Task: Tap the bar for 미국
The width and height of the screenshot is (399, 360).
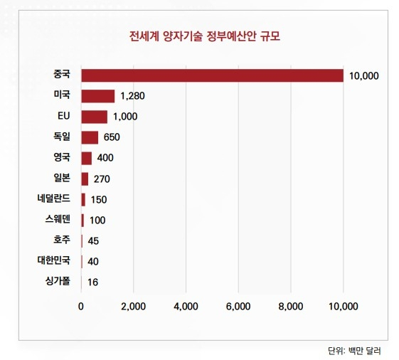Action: coord(98,96)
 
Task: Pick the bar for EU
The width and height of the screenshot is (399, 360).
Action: coord(95,117)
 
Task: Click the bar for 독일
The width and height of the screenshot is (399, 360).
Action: coord(90,137)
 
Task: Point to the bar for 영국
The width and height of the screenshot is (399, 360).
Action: coord(87,158)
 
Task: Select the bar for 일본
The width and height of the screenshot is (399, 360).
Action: coord(85,179)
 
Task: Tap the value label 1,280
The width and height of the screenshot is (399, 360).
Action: coord(133,96)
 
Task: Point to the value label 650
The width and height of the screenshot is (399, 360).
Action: coord(112,137)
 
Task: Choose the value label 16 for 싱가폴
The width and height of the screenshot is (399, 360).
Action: coord(92,282)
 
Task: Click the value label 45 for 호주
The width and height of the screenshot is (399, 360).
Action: coord(93,240)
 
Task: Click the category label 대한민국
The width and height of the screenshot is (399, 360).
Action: coord(55,260)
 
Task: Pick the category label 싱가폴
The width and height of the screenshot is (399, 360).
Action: coord(58,281)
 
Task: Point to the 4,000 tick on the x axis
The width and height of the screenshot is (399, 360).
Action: coord(186,307)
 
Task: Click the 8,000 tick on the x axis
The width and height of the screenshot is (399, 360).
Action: coord(291,307)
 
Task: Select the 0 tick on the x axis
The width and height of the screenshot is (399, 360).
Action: coord(81,307)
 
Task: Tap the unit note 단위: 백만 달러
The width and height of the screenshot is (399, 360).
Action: coord(358,350)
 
